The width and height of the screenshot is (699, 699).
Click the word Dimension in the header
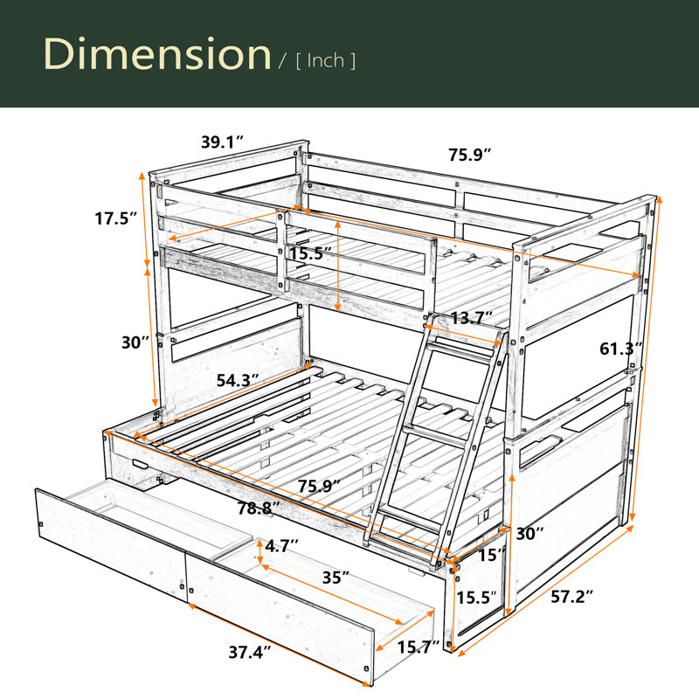tap(157, 54)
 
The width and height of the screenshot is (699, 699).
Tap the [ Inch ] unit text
tap(326, 60)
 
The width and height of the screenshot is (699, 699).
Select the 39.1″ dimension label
tap(223, 142)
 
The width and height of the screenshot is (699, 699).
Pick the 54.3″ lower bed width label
tap(238, 380)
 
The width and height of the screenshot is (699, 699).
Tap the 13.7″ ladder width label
tap(471, 318)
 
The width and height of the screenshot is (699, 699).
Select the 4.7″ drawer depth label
tap(281, 545)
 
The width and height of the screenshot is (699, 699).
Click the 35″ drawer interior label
tap(336, 578)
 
